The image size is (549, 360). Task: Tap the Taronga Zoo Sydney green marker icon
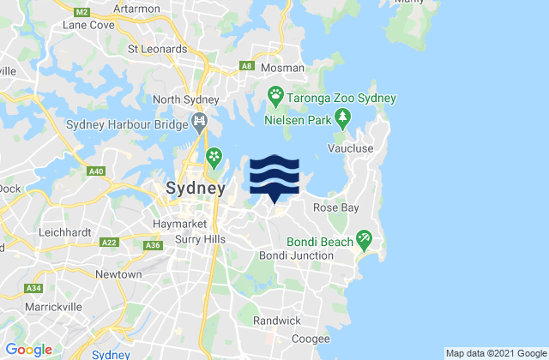tap(276, 93)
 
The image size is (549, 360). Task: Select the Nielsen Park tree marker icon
tap(343, 116)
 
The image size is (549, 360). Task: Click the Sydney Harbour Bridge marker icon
tap(200, 120)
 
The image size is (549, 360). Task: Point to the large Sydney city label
tap(195, 189)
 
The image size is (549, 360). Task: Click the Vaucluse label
tap(348, 148)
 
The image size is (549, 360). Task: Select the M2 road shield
tap(81, 12)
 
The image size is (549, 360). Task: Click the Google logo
tap(28, 349)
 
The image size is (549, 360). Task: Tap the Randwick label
tap(277, 321)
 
